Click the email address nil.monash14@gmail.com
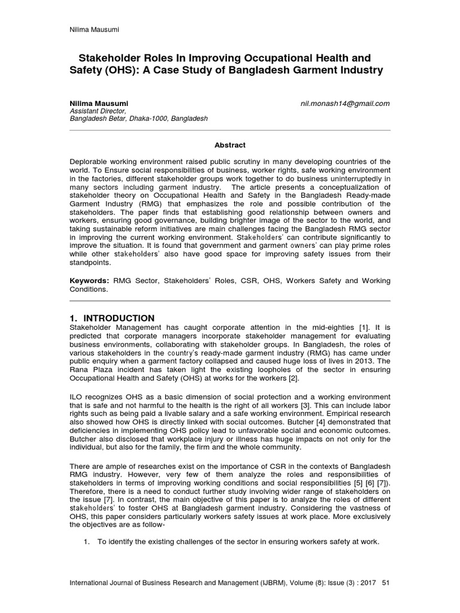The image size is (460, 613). [345, 103]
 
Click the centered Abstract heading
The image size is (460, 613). [230, 145]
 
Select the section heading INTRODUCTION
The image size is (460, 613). [117, 318]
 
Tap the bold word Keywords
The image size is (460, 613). [89, 280]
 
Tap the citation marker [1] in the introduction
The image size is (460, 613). [364, 327]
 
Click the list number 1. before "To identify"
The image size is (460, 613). [87, 542]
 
